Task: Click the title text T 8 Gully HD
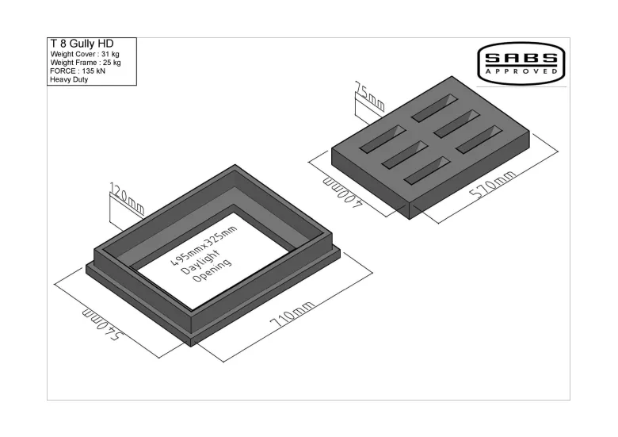[82, 44]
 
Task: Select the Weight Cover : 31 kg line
[85, 54]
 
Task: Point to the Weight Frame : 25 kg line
[86, 63]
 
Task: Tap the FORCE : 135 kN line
[78, 71]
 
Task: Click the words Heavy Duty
[69, 79]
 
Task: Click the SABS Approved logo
[521, 63]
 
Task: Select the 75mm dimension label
[369, 96]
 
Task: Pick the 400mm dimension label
[341, 194]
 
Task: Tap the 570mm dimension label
[492, 185]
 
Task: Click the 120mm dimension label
[126, 198]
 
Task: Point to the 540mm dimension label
[103, 325]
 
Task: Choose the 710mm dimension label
[292, 314]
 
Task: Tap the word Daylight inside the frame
[200, 262]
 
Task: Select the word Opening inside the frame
[212, 270]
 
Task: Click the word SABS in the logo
[521, 59]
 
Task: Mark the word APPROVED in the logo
[521, 71]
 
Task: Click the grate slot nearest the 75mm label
[435, 108]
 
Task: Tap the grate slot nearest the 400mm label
[383, 139]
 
